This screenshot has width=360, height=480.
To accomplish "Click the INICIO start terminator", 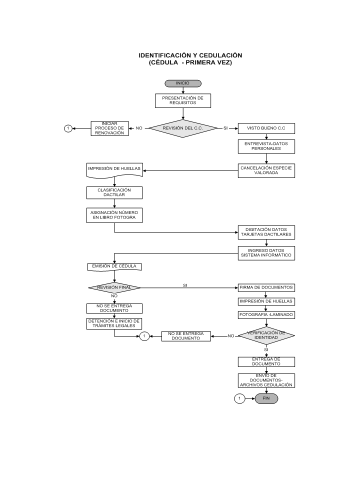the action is [183, 83].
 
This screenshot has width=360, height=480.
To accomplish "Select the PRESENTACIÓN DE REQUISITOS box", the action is [183, 100].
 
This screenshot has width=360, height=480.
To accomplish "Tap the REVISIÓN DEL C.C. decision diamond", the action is [183, 128].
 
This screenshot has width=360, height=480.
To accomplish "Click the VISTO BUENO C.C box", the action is [266, 128].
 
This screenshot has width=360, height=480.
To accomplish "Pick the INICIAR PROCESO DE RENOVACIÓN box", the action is [109, 128].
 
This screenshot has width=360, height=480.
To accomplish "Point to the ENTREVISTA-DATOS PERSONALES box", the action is [266, 146].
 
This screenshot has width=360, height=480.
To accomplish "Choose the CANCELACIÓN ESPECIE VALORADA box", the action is [266, 171].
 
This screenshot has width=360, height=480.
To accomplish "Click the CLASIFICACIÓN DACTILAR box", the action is [114, 193].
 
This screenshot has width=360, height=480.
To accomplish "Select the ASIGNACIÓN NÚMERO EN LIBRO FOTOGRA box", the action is [114, 215].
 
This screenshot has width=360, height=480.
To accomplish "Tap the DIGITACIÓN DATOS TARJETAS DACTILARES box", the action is [266, 232].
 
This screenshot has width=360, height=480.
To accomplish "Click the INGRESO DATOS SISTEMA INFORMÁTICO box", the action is [266, 253].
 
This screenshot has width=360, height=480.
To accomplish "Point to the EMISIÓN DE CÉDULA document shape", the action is [114, 267].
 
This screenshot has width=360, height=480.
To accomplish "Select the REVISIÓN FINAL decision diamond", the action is [114, 288].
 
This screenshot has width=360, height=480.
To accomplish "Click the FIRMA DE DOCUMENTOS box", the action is [266, 288].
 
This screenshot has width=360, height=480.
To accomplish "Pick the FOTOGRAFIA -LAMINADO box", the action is [266, 315].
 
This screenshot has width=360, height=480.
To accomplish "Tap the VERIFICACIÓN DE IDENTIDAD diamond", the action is [266, 335].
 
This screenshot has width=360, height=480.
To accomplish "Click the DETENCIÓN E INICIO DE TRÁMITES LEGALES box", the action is [114, 324].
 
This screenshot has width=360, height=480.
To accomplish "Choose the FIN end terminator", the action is [266, 398].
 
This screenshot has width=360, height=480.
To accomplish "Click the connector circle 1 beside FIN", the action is [239, 398].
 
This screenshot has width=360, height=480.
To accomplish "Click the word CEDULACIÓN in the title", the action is [220, 55].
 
